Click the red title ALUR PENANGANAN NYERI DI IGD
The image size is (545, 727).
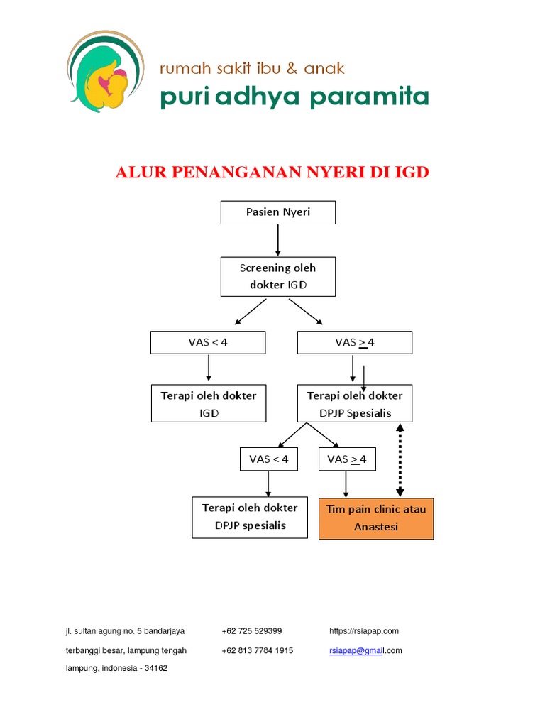pyautogui.click(x=272, y=173)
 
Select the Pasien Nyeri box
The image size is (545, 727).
pyautogui.click(x=277, y=212)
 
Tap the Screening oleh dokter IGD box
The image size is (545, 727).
pyautogui.click(x=277, y=277)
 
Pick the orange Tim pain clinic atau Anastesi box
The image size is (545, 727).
pyautogui.click(x=376, y=518)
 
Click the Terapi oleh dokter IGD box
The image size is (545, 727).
pyautogui.click(x=208, y=403)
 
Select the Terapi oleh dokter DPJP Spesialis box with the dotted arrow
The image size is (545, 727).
pyautogui.click(x=354, y=403)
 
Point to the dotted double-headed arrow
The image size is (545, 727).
pyautogui.click(x=400, y=460)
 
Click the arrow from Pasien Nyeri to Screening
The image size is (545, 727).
pyautogui.click(x=277, y=240)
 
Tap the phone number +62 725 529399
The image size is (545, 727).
pyautogui.click(x=251, y=630)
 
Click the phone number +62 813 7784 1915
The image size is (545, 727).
pyautogui.click(x=257, y=650)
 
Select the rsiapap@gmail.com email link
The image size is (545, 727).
pyautogui.click(x=365, y=650)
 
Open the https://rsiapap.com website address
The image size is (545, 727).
pyautogui.click(x=364, y=630)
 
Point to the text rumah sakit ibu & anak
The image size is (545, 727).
pyautogui.click(x=252, y=68)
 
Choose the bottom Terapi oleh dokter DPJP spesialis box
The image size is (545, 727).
pyautogui.click(x=250, y=517)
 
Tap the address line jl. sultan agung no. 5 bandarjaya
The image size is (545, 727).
pyautogui.click(x=125, y=630)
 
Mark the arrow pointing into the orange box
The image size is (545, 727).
pyautogui.click(x=346, y=484)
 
